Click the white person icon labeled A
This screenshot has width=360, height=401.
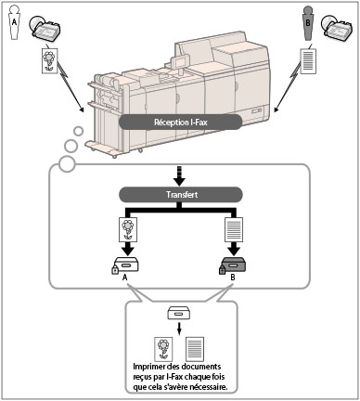14,22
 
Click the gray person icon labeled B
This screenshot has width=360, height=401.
308,23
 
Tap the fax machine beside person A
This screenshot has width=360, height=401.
45,29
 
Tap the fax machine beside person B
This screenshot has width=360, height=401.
337,29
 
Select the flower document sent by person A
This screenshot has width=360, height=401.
50,60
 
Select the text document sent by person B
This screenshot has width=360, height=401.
308,60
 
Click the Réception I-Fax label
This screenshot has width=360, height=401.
181,123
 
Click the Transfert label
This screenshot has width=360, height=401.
181,195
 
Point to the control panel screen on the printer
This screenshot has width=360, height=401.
180,61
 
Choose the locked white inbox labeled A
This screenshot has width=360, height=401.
125,265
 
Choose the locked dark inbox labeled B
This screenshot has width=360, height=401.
233,265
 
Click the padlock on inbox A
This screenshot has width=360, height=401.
115,270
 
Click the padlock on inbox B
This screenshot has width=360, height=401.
222,270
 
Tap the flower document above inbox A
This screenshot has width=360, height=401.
128,230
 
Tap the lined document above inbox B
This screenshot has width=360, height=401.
234,230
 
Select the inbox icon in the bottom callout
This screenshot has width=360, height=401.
179,313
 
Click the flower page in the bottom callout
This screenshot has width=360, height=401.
163,349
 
